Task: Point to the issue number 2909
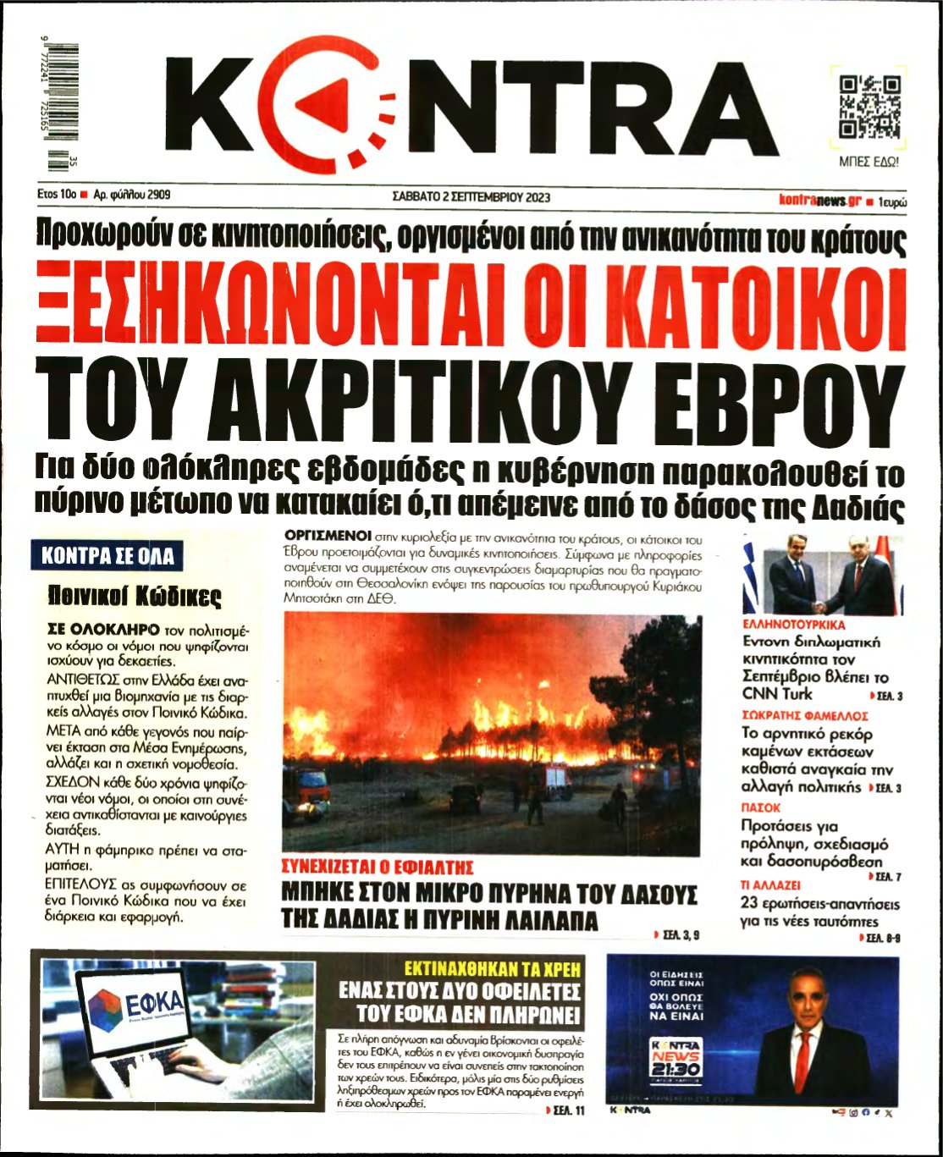[159, 195]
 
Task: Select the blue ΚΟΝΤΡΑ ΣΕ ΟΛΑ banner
[108, 556]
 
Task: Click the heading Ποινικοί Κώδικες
[135, 597]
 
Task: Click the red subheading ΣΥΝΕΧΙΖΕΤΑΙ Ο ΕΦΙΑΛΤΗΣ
[377, 868]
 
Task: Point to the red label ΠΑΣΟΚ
[760, 807]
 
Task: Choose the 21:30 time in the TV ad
[675, 1069]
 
